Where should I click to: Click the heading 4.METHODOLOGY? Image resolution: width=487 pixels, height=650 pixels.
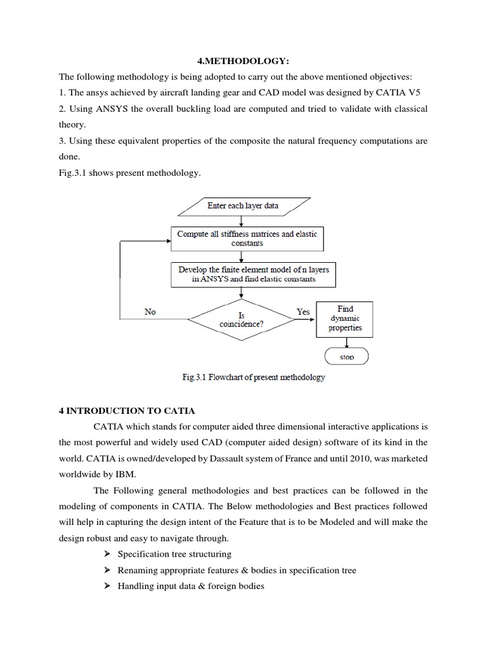point(243,60)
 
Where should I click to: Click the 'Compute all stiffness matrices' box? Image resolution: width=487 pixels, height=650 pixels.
point(247,239)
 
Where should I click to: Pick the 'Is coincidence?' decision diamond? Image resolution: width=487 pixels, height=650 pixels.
point(242,320)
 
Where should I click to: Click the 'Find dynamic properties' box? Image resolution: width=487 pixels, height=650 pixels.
point(345,319)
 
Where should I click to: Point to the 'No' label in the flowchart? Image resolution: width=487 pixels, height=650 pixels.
point(150,312)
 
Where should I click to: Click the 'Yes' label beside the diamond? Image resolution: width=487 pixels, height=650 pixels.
point(303,312)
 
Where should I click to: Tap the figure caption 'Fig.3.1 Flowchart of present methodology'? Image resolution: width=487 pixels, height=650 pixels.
point(253,377)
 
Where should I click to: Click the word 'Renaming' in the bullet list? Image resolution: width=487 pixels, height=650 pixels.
point(138,570)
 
